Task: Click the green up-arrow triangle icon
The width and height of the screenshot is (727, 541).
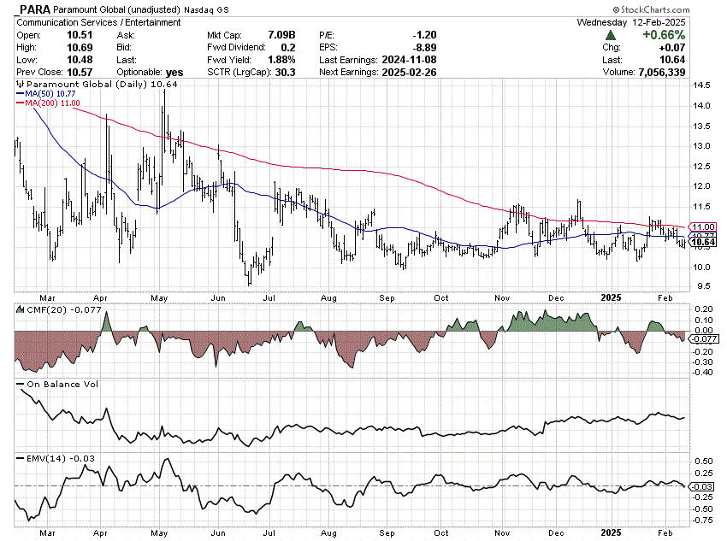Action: point(611,35)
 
